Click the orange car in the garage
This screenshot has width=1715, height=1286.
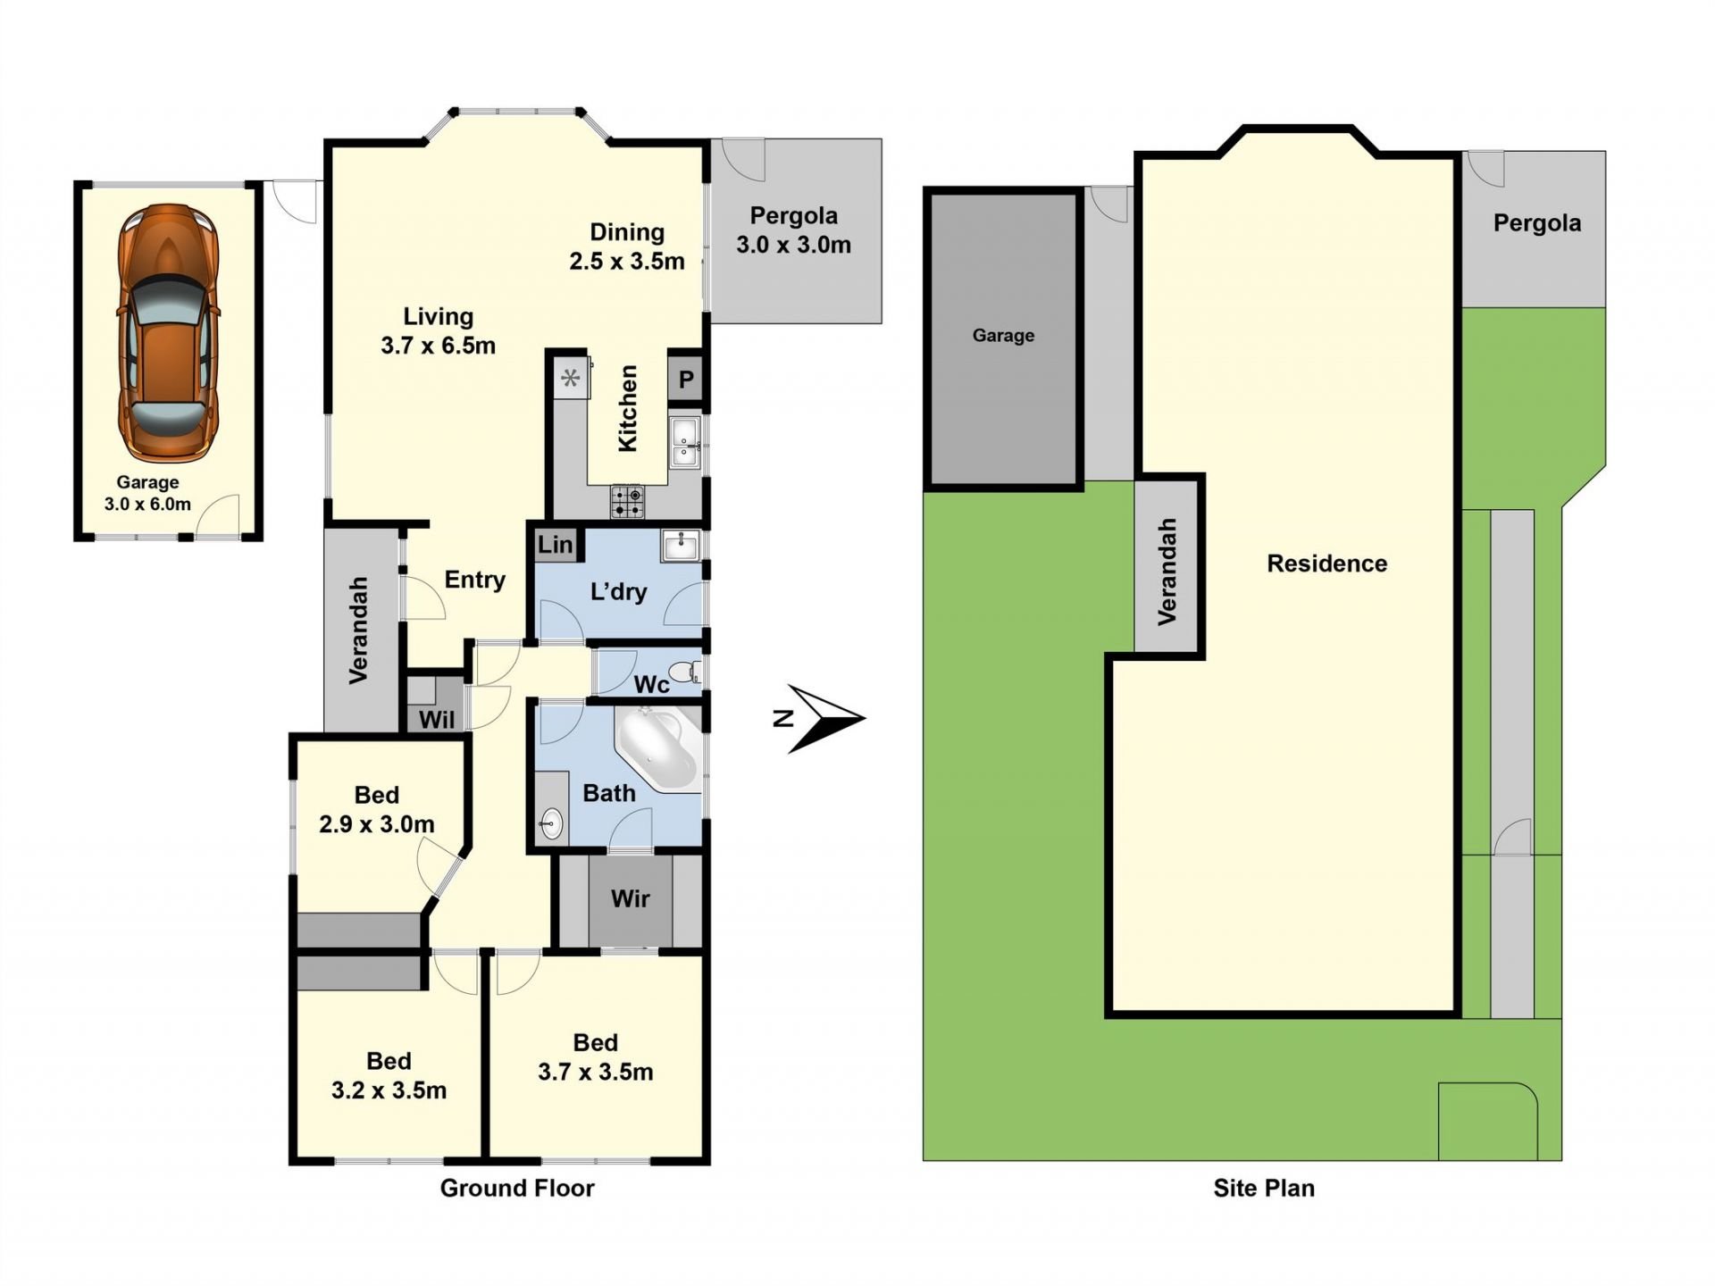click(x=168, y=333)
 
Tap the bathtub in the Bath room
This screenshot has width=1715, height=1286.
click(x=657, y=748)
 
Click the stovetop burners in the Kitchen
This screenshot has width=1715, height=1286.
click(x=627, y=502)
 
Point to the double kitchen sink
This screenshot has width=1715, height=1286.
click(x=685, y=442)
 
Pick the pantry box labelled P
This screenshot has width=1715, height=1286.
click(x=686, y=380)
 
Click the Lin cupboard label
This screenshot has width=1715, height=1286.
click(x=556, y=545)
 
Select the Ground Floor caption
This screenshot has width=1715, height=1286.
click(x=517, y=1188)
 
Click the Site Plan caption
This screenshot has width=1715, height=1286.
click(x=1264, y=1188)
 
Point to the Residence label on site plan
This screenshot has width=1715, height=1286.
click(x=1327, y=564)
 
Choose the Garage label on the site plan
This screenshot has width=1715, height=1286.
click(x=1003, y=336)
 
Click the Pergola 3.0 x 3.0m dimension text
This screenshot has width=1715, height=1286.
click(x=793, y=244)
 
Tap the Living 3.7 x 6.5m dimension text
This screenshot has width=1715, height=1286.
click(x=438, y=345)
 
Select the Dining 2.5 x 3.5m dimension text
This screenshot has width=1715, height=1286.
click(x=627, y=261)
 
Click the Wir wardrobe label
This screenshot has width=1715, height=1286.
click(x=631, y=898)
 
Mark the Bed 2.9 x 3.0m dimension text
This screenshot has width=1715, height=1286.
click(x=377, y=823)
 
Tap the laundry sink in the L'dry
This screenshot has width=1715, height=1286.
click(x=682, y=545)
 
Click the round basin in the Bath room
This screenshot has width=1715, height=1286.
click(x=552, y=823)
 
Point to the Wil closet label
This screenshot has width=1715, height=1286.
click(x=437, y=720)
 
